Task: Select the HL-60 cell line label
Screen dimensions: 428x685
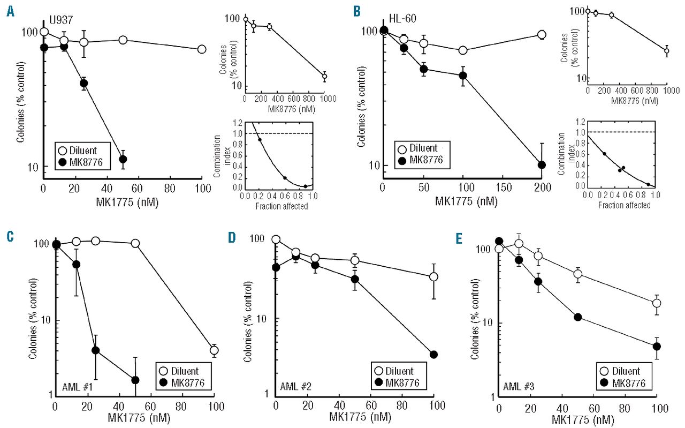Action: (x=404, y=19)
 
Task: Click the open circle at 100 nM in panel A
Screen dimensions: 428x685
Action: (x=202, y=49)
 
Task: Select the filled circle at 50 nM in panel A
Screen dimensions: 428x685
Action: (x=123, y=159)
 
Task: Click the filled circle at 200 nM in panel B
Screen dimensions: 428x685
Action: (x=542, y=164)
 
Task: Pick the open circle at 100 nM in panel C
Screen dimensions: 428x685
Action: (x=214, y=350)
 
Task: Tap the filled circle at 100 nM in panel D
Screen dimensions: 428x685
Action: (x=434, y=354)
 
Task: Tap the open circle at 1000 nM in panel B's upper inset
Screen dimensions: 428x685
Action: (x=666, y=51)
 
